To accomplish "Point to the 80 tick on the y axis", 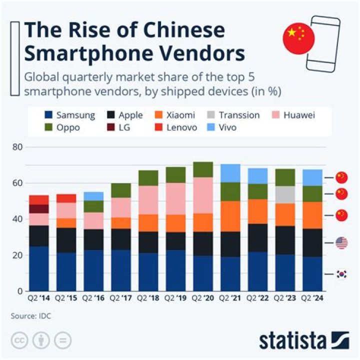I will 17,147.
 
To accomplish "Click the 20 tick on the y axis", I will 17,255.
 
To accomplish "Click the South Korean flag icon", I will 341,274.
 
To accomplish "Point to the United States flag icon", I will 341,243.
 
